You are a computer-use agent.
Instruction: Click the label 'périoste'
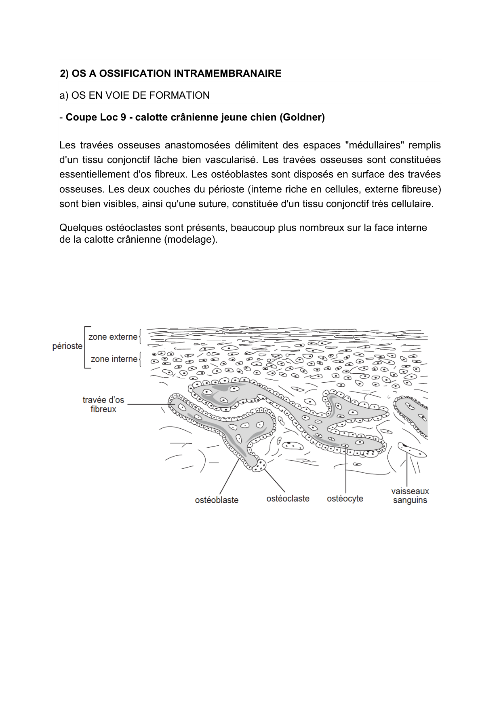(x=67, y=346)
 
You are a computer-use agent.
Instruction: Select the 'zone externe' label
(x=113, y=337)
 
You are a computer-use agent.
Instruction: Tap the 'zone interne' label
(x=114, y=359)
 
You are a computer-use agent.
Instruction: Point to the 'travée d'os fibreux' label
(x=103, y=404)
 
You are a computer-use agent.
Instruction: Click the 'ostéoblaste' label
(x=217, y=500)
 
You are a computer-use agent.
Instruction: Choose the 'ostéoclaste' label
(x=288, y=499)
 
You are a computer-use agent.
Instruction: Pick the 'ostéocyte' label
(x=345, y=499)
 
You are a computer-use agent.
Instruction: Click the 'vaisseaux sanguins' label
(x=410, y=496)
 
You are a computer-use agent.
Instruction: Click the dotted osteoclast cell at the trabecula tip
(x=259, y=466)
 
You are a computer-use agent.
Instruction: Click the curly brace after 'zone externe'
(x=140, y=337)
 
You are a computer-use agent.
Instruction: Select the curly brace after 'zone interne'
(x=140, y=359)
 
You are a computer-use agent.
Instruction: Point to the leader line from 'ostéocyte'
(x=346, y=469)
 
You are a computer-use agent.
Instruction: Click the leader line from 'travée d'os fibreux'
(x=147, y=404)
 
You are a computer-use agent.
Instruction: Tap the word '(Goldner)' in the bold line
(x=303, y=117)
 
